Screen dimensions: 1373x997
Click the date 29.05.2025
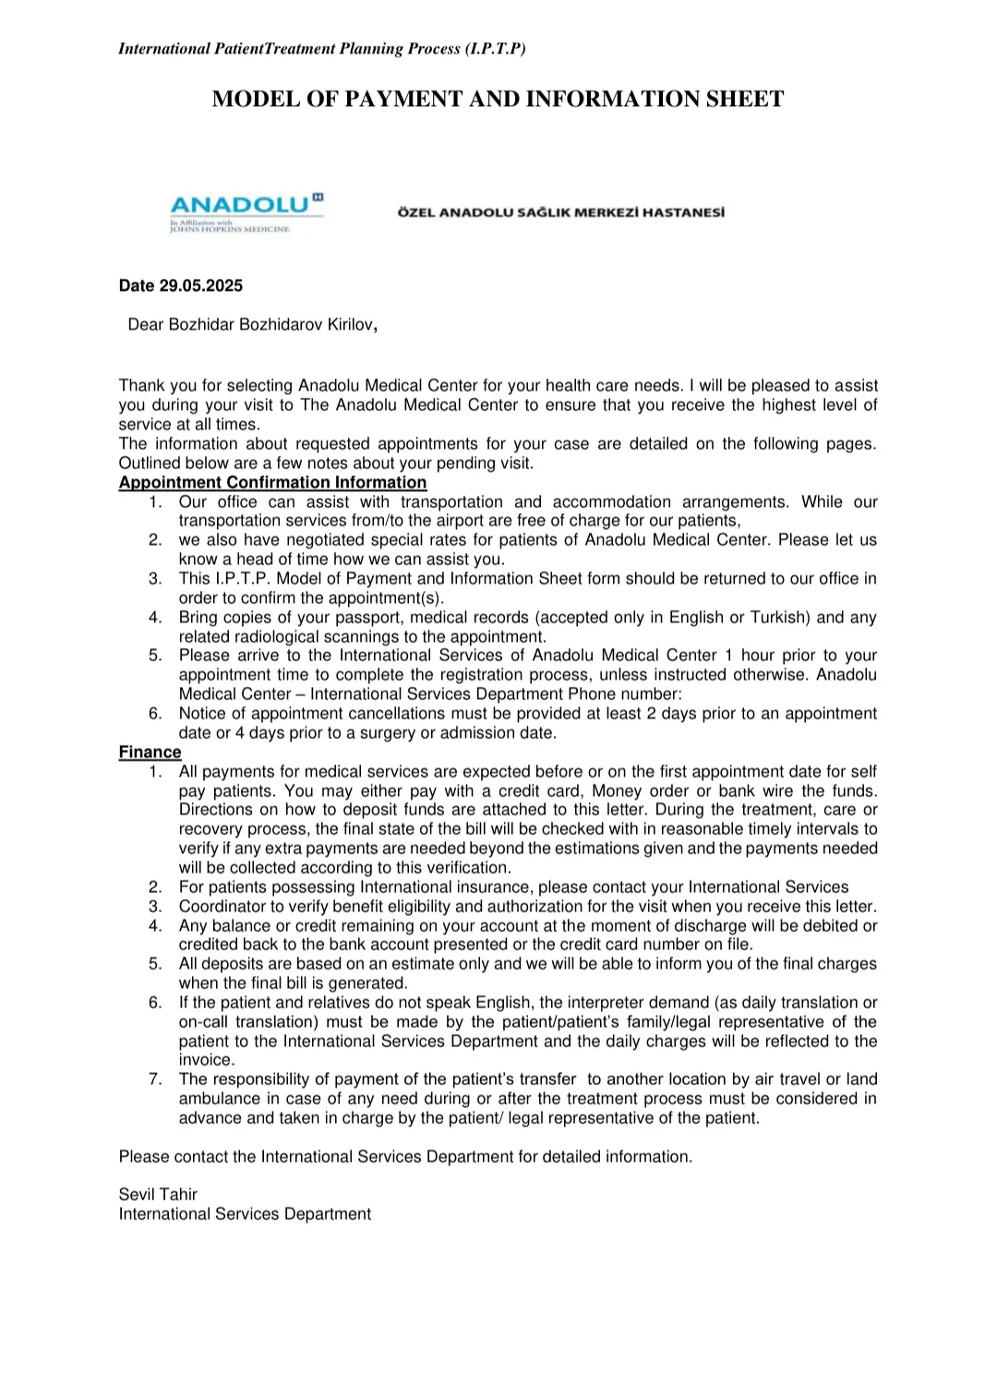click(x=200, y=286)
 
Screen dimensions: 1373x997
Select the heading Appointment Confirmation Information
click(x=272, y=483)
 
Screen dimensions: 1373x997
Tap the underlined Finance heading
click(x=150, y=753)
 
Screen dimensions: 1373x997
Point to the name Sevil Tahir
click(x=158, y=1195)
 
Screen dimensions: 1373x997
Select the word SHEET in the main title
click(x=745, y=100)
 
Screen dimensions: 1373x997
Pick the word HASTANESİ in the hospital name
click(x=683, y=212)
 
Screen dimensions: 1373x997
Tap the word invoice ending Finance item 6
click(x=206, y=1061)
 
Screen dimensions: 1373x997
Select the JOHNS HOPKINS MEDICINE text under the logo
click(x=230, y=229)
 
